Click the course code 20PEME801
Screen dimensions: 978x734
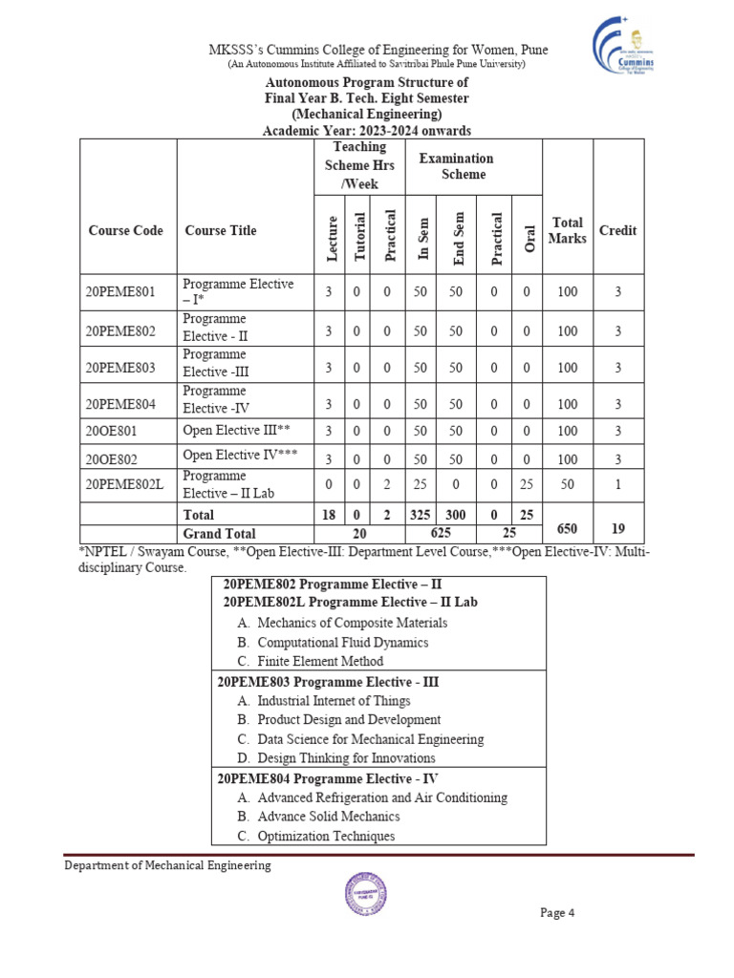[119, 292]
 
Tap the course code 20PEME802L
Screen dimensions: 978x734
[124, 484]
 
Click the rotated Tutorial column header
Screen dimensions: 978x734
[359, 236]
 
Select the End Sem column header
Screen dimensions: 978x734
[458, 237]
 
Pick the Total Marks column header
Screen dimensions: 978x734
[567, 230]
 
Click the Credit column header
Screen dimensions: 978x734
[617, 230]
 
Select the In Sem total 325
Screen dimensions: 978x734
[421, 515]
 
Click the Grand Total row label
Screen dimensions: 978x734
[219, 534]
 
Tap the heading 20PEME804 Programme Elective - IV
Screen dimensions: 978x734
[328, 778]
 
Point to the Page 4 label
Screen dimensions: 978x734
[556, 912]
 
